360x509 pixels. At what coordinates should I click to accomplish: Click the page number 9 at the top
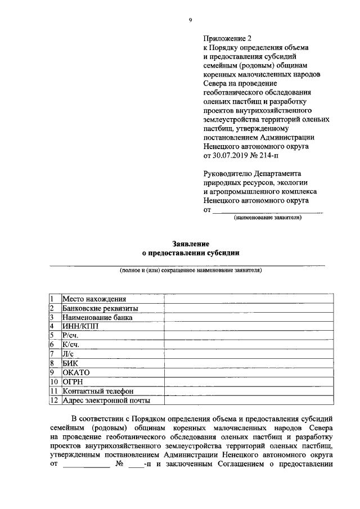191,20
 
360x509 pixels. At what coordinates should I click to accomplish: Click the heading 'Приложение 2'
227,39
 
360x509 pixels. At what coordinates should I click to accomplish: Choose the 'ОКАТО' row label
76,372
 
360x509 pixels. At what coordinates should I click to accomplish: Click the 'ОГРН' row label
73,382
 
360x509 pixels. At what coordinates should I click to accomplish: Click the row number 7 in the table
52,354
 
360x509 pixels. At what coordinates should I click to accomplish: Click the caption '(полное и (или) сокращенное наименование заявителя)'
191,270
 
